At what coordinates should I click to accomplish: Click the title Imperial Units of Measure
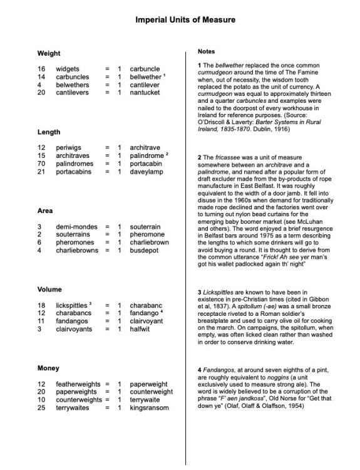coord(180,20)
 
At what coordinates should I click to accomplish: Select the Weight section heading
coord(49,53)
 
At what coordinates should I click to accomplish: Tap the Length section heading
coord(49,132)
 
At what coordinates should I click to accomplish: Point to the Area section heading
coord(46,211)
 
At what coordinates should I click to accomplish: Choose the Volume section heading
coord(50,290)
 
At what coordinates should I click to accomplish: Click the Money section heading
coord(48,368)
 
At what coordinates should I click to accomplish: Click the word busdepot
coord(145,250)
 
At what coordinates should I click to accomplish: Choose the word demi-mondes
coord(75,226)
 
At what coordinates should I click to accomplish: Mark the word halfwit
coord(140,328)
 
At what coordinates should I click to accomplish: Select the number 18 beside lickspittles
coord(41,305)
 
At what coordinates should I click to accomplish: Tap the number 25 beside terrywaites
coord(41,407)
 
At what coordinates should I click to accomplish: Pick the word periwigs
coord(68,148)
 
